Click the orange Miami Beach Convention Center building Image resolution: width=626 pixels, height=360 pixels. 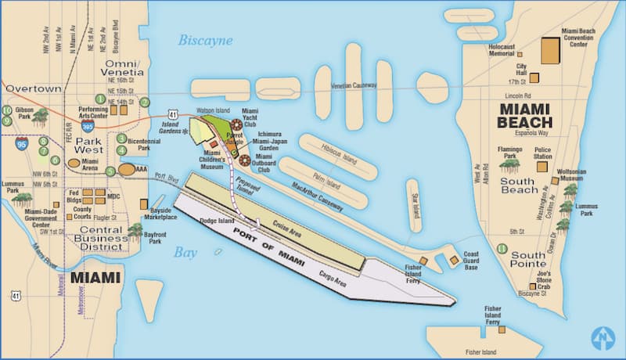click(551, 52)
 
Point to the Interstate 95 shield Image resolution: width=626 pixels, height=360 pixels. click(22, 142)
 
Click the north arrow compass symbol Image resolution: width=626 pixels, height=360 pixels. click(603, 337)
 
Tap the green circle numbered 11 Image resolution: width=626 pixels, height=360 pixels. click(501, 249)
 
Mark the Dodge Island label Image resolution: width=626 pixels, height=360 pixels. click(217, 221)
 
